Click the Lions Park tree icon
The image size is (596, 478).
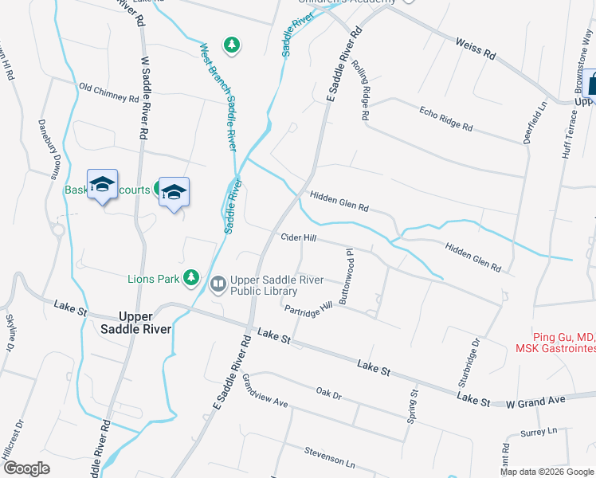point(191,277)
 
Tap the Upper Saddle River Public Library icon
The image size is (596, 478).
point(218,284)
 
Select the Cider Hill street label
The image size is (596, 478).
point(299,237)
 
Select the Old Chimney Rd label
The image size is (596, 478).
point(109,92)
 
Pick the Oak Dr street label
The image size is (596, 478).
point(328,394)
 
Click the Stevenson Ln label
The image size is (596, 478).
point(329,456)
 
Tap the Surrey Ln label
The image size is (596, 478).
point(539,433)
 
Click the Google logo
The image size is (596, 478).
point(26,468)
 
